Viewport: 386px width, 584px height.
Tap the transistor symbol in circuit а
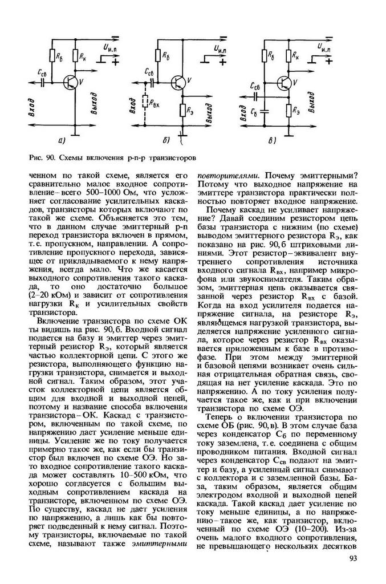[x=71, y=83]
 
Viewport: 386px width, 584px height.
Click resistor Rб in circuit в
[x=266, y=56]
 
